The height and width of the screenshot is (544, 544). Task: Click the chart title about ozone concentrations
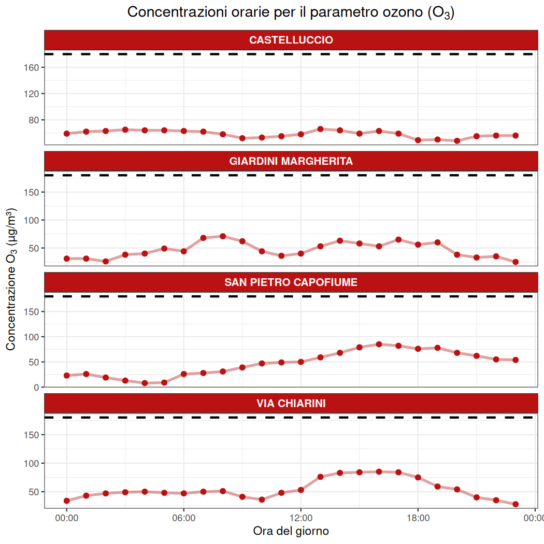[291, 13]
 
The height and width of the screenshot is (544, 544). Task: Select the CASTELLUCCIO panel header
[291, 40]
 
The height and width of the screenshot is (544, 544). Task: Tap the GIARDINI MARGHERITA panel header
[291, 161]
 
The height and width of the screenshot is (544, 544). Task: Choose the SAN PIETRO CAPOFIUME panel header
[291, 282]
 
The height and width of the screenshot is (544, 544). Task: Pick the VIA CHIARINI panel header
[291, 403]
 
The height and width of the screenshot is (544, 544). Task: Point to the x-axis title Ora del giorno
[291, 531]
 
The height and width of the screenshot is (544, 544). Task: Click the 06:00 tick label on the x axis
[183, 518]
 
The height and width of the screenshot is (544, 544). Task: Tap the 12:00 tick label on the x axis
[300, 518]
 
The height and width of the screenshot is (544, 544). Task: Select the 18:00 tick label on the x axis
[418, 518]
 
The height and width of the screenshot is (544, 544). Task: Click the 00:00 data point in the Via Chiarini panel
[67, 500]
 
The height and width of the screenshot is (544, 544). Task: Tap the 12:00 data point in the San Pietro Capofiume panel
[300, 362]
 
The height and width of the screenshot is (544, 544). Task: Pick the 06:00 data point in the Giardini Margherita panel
[183, 251]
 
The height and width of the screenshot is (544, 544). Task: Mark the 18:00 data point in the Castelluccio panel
[418, 140]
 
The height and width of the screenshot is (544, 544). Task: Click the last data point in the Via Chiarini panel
[516, 504]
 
